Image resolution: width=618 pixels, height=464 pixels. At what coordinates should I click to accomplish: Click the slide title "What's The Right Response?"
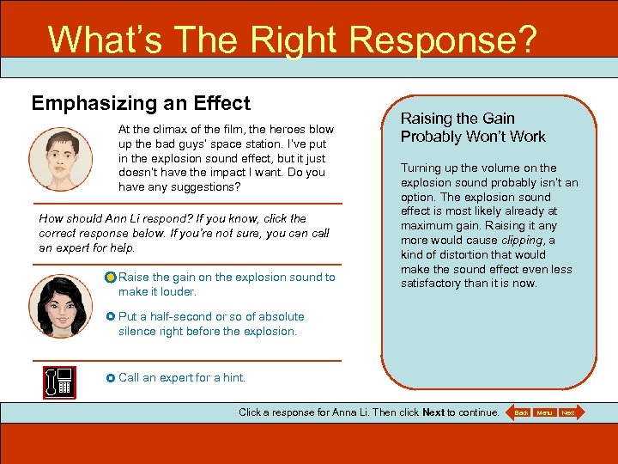click(x=292, y=40)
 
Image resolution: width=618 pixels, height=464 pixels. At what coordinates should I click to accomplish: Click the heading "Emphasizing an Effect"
click(x=141, y=104)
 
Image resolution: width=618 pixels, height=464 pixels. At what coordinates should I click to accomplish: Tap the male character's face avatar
click(x=60, y=159)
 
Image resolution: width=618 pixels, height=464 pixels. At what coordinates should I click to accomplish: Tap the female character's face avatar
click(x=60, y=305)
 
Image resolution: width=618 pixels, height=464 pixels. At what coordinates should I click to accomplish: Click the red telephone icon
click(x=59, y=382)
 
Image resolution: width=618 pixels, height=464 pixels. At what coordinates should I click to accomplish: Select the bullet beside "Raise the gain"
click(x=111, y=278)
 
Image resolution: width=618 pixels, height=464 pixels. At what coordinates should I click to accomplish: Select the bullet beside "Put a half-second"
click(x=111, y=317)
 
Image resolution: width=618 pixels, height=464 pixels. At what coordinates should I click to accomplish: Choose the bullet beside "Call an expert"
click(x=111, y=378)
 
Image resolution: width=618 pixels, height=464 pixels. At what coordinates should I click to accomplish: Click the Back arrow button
click(x=520, y=413)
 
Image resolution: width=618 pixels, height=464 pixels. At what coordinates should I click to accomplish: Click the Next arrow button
click(x=568, y=413)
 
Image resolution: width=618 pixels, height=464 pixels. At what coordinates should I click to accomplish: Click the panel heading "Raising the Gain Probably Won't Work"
click(x=473, y=127)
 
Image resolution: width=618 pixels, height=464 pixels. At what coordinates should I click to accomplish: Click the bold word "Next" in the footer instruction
click(x=433, y=412)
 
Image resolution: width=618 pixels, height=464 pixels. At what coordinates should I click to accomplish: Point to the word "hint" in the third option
click(x=233, y=377)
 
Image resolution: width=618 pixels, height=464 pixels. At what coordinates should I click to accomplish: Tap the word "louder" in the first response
click(x=178, y=291)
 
